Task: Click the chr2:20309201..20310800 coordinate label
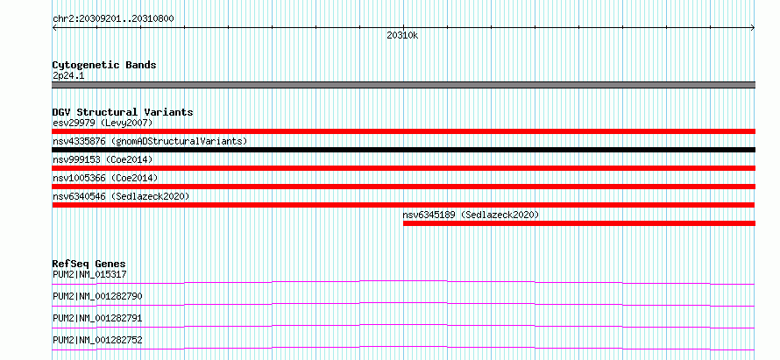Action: [113, 19]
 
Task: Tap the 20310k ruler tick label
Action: [402, 36]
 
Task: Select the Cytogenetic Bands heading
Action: [104, 65]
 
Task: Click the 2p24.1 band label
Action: [65, 75]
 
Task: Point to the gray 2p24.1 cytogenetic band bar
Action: [404, 85]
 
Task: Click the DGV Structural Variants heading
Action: [123, 112]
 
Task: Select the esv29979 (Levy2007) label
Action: [103, 123]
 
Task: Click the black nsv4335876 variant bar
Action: [404, 150]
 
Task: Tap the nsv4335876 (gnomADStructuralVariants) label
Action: [150, 141]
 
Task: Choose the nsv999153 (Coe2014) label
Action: [103, 159]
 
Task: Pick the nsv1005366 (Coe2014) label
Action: [105, 178]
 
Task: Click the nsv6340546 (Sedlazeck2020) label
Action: [121, 196]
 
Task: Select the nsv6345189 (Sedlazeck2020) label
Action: [471, 215]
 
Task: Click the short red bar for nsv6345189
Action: [579, 223]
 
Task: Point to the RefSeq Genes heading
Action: [89, 264]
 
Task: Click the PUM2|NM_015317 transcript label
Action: [86, 274]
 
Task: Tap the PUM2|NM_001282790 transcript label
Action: [97, 296]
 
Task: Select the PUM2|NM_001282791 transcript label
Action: [97, 318]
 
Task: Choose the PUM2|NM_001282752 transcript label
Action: [97, 340]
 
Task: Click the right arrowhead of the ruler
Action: [754, 28]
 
